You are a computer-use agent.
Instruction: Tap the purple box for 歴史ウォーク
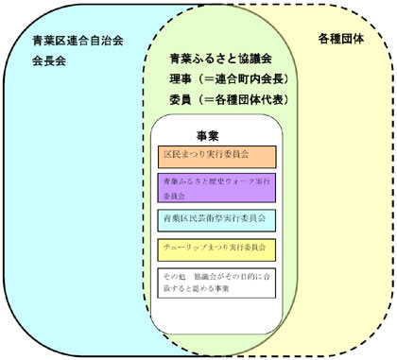pos(216,187)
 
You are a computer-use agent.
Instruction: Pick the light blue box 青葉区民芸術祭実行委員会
pos(216,218)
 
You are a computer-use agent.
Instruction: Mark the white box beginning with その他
pos(216,281)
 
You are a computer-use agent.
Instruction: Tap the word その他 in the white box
pos(173,275)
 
